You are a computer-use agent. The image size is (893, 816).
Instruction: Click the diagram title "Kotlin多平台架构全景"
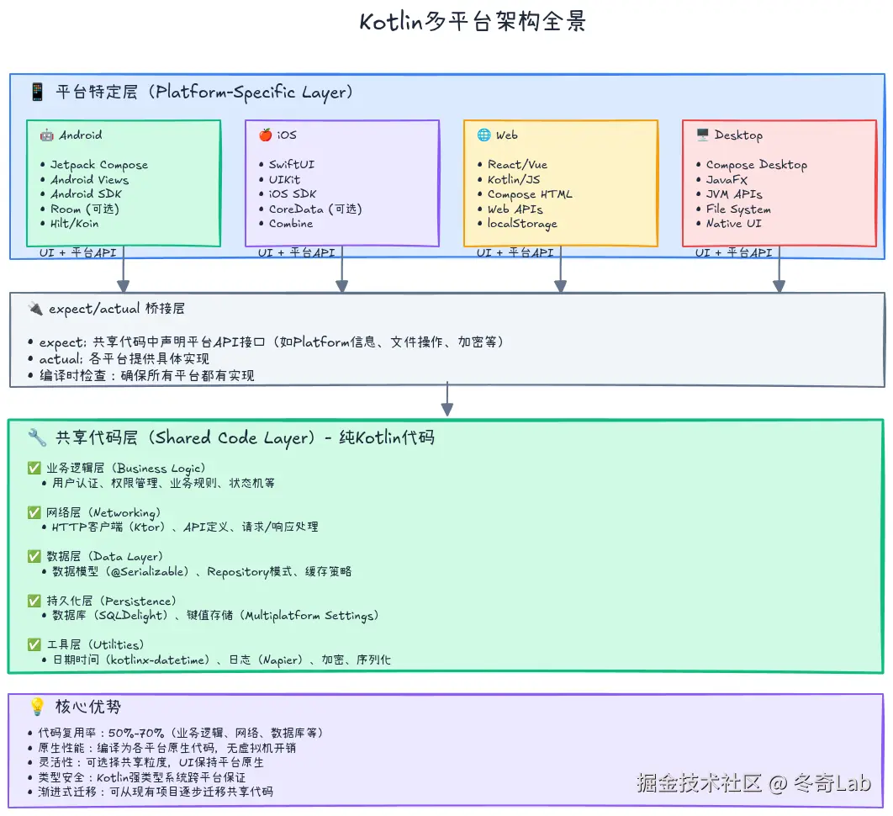point(472,22)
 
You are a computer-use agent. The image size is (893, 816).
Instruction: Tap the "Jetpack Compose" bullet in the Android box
point(98,165)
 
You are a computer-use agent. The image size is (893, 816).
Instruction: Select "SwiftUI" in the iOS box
point(291,165)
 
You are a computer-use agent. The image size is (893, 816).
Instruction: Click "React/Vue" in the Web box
point(517,165)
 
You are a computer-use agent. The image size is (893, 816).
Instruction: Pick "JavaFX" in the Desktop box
point(727,180)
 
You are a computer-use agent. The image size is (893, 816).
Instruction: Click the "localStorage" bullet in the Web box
point(522,224)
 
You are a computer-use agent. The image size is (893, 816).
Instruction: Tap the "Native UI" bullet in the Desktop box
point(733,224)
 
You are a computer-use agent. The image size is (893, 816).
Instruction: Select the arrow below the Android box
point(124,269)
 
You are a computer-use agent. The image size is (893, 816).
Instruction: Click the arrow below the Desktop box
point(779,269)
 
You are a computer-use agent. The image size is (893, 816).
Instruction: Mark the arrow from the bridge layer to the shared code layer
point(447,399)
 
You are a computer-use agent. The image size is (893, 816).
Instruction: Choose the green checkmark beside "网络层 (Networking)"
point(34,512)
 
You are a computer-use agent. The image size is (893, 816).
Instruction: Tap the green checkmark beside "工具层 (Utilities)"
point(34,644)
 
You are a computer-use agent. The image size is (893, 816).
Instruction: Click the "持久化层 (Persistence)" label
point(111,601)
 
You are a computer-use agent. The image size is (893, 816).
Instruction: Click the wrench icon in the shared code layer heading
point(37,437)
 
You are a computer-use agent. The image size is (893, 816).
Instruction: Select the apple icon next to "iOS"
point(265,135)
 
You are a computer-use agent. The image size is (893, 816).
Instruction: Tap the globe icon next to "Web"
point(483,135)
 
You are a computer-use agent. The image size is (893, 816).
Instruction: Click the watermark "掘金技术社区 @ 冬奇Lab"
point(753,784)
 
